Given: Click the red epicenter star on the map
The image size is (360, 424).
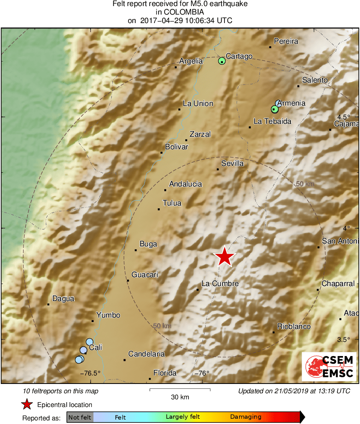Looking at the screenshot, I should click(x=224, y=257).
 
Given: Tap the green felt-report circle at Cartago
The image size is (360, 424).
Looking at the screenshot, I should click(x=222, y=61).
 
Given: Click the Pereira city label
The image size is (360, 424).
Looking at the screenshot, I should click(x=286, y=41).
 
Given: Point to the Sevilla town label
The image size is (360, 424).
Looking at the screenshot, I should click(x=233, y=163).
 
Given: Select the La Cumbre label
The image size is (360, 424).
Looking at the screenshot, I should click(x=220, y=284).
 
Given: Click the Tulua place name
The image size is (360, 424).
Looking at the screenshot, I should click(x=172, y=203).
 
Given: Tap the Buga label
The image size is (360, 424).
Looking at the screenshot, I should click(x=148, y=244).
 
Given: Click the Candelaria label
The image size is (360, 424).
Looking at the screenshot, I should click(x=146, y=354).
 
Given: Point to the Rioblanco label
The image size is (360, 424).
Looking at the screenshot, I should click(x=294, y=326).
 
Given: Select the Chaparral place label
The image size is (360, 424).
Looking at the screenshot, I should click(x=338, y=284).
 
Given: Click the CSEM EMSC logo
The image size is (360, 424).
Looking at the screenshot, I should click(x=329, y=367).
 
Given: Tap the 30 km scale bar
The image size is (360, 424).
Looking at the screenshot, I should click(x=180, y=390).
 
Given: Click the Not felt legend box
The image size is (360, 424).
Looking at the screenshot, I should click(x=80, y=417).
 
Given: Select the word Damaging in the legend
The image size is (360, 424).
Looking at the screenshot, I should click(x=246, y=417).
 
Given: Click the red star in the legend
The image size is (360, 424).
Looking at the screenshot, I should click(x=27, y=404).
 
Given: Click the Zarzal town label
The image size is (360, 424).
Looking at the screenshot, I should click(x=200, y=134).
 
